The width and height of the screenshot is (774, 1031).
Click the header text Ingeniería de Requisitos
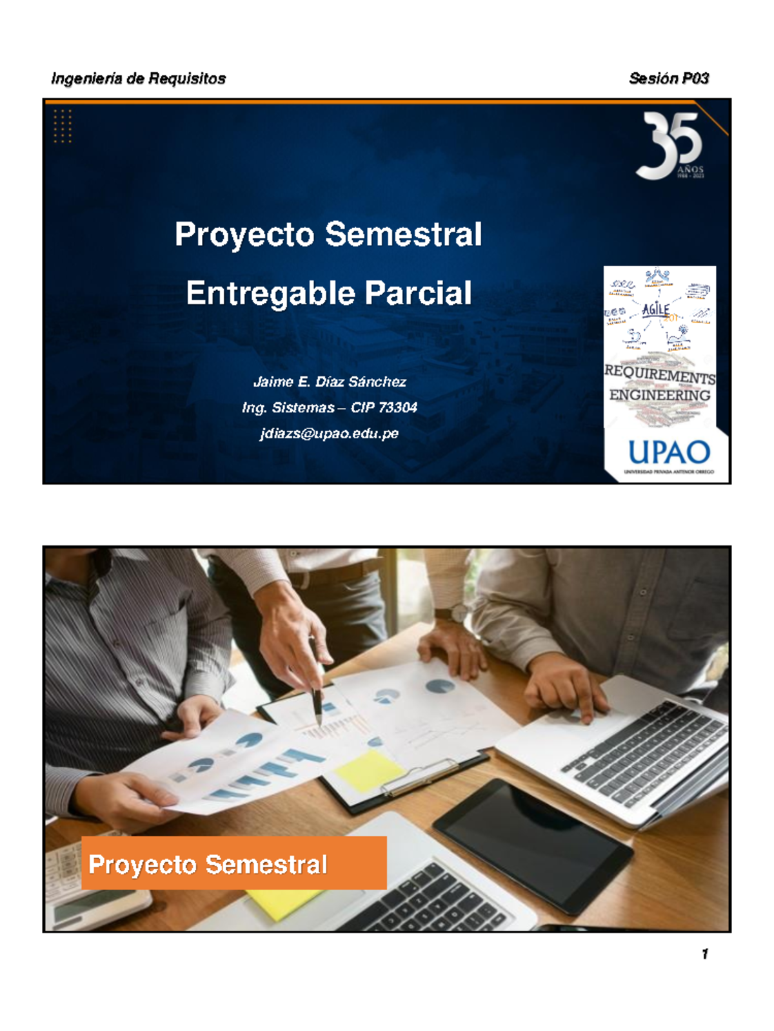138,79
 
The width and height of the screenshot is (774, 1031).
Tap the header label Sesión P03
668,79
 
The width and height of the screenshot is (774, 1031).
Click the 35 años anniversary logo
670,146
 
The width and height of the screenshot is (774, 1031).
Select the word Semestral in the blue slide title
403,234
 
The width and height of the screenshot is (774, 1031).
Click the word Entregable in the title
270,293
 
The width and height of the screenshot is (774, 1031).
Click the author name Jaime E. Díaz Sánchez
330,382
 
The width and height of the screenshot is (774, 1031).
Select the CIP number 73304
397,408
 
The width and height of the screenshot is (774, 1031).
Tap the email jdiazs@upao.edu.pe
330,434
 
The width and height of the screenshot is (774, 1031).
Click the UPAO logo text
669,452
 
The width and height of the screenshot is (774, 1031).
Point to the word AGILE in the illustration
655,309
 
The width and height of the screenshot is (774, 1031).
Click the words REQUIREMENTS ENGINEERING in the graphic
660,384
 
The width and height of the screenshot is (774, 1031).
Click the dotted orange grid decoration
63,126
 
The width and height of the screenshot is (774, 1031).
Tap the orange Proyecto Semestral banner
233,863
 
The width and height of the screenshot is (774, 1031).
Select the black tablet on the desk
533,844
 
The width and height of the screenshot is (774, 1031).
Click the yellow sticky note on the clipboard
368,771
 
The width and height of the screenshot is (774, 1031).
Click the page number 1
705,954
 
